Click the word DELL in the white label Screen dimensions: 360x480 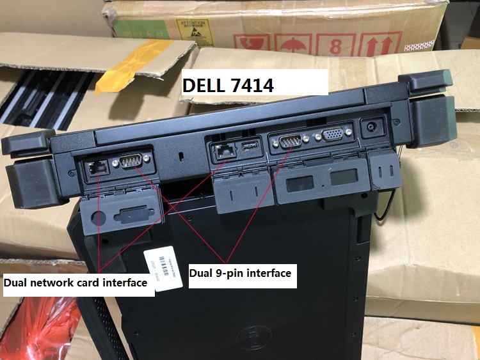tap(205, 85)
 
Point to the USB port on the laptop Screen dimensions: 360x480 tap(249, 150)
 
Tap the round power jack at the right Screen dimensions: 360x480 tap(370, 127)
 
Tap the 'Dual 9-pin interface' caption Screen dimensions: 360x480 tap(240, 273)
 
